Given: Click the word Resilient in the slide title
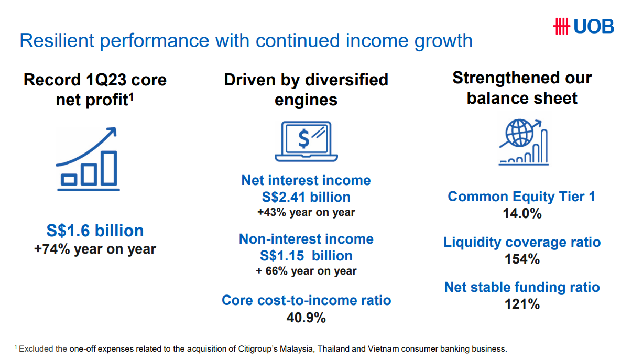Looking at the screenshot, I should pos(55,40).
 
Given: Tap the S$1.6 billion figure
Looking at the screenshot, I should pos(95,231).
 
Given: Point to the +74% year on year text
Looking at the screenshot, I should pos(95,249).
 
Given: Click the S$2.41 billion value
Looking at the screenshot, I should pos(306,197).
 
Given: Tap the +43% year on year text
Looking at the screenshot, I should pos(306,212).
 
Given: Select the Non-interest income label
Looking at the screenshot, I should pos(306,239).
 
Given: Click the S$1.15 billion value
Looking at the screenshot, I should pos(306,256).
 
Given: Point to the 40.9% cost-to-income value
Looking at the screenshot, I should pos(306,318).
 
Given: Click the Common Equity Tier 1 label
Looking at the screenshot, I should pos(521,197).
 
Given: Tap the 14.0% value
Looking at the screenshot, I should pos(521,213).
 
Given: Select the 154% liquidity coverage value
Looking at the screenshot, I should pos(521,259).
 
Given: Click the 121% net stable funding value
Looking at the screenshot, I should pos(521,304).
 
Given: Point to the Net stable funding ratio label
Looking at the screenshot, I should pos(521,287).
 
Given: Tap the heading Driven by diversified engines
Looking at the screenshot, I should pos(306,89).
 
